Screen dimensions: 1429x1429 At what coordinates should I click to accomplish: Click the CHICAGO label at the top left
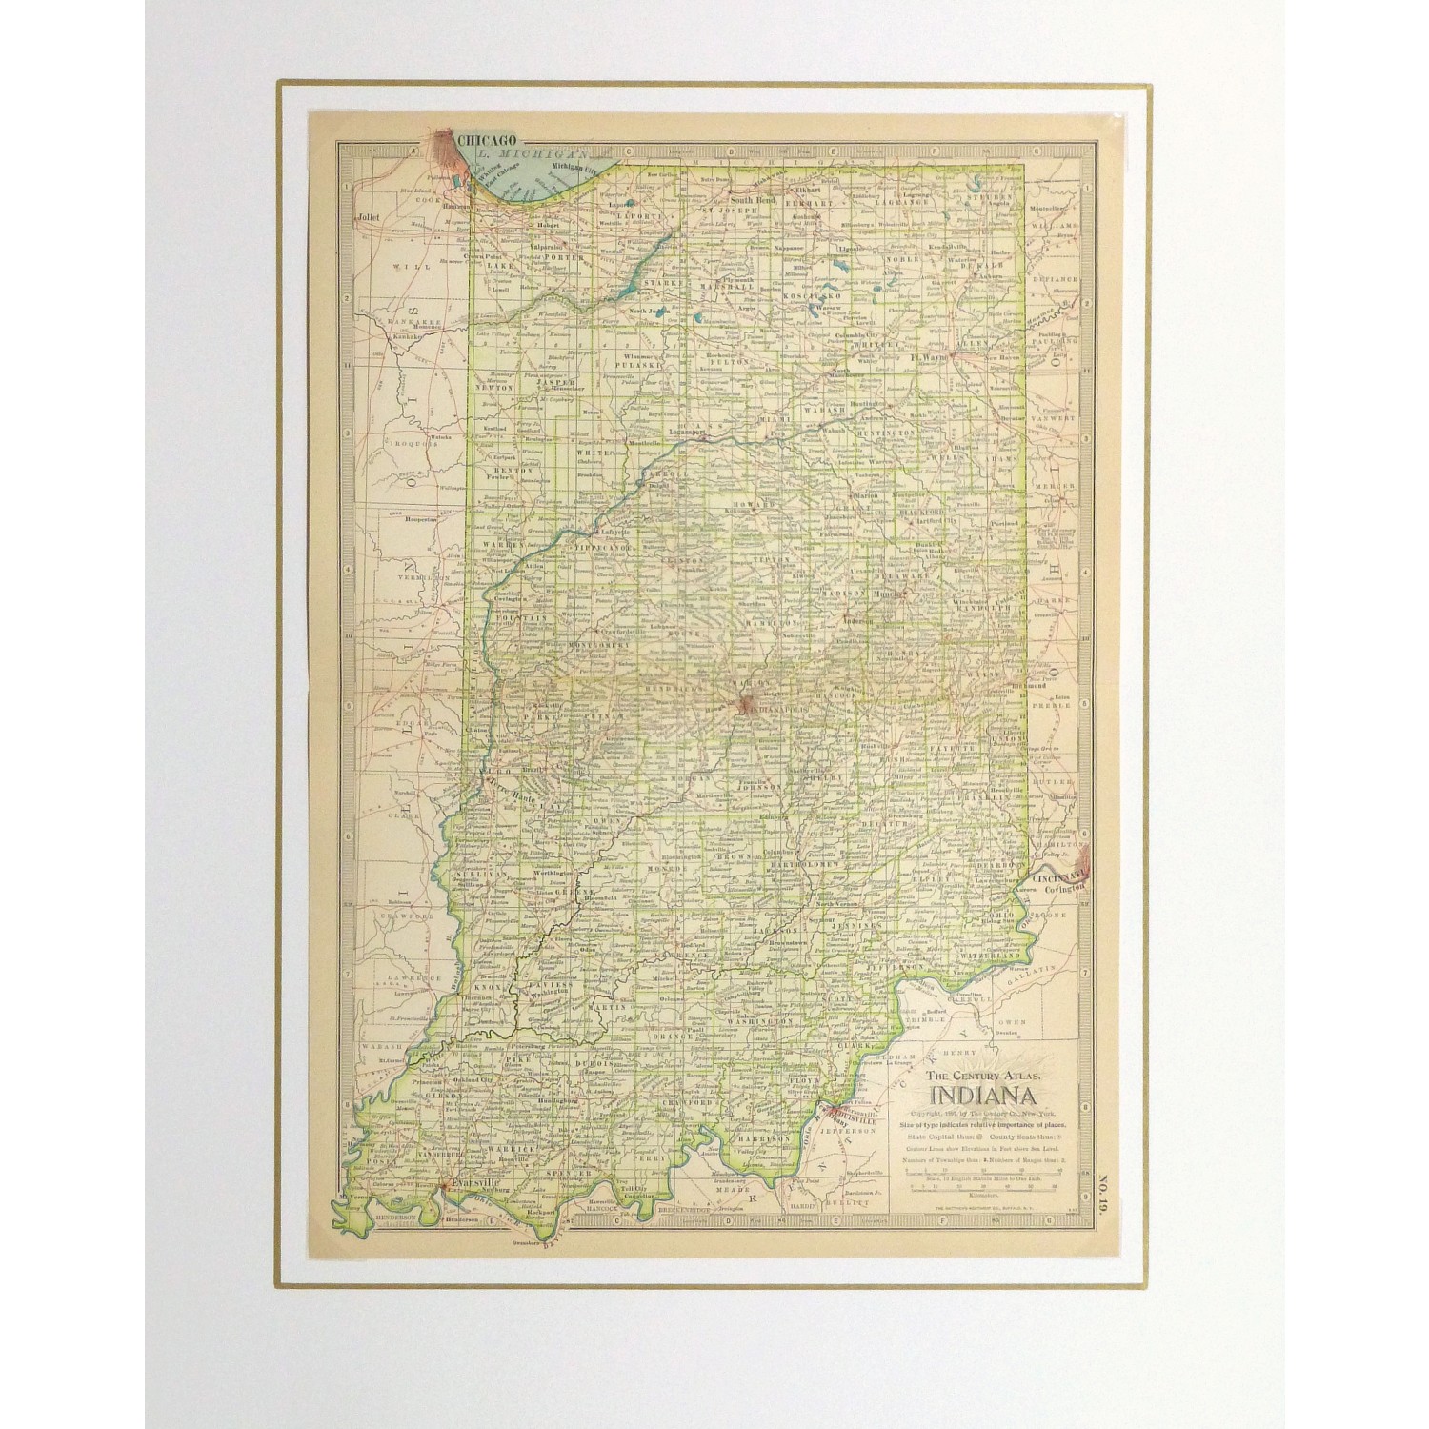tap(488, 140)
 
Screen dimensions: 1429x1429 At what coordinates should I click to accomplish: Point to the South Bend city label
tap(753, 201)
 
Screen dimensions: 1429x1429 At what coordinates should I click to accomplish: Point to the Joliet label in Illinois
tap(369, 217)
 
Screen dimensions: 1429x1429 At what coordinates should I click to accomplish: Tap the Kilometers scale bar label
tap(986, 1192)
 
